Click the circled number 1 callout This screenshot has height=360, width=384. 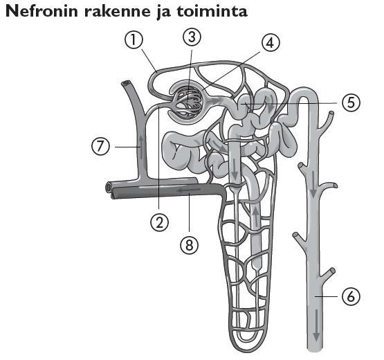pos(134,40)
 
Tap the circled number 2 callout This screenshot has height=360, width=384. pos(159,222)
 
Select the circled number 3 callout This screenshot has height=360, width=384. pos(192,37)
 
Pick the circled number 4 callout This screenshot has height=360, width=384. pos(270,43)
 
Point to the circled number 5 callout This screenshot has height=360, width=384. pos(351,102)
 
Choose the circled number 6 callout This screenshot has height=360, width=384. pos(351,296)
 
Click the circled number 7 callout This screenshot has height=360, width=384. pos(100,146)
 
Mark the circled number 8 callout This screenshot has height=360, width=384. pos(190,245)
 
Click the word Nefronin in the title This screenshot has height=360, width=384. pos(42,11)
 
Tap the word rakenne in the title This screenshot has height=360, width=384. pos(117,12)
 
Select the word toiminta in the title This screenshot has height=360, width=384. pos(211,11)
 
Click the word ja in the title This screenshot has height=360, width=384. pos(162,12)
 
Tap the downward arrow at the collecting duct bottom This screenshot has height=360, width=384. pos(316,325)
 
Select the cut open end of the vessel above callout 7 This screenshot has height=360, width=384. pos(127,84)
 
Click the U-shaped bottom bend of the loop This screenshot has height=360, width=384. pos(247,336)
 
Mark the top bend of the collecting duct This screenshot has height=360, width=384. pos(303,94)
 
